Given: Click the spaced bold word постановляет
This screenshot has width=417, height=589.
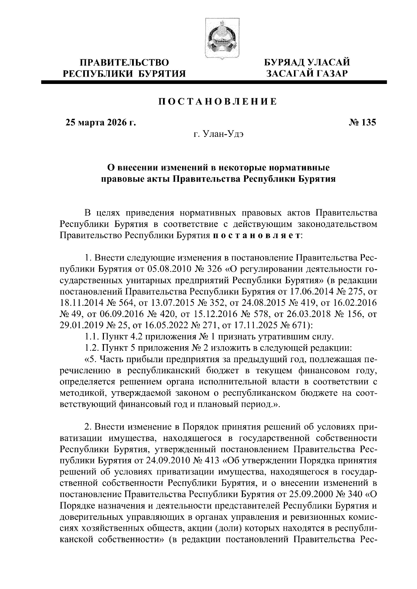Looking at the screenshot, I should tap(256, 235).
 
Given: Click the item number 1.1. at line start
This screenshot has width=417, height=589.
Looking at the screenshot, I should tap(92, 336).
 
